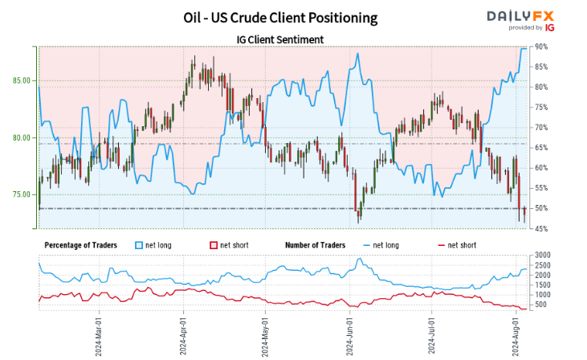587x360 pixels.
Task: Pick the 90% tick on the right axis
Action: (541, 47)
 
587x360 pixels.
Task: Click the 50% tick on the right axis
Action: (541, 208)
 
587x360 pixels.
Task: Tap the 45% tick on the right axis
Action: (541, 229)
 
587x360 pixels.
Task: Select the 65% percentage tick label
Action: (541, 148)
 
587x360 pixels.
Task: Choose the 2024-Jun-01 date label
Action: (349, 334)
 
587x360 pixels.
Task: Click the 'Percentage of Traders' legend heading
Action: (81, 244)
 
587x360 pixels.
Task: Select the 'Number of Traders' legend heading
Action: (315, 244)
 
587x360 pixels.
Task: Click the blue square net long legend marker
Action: (139, 244)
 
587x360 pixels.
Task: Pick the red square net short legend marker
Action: (213, 244)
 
